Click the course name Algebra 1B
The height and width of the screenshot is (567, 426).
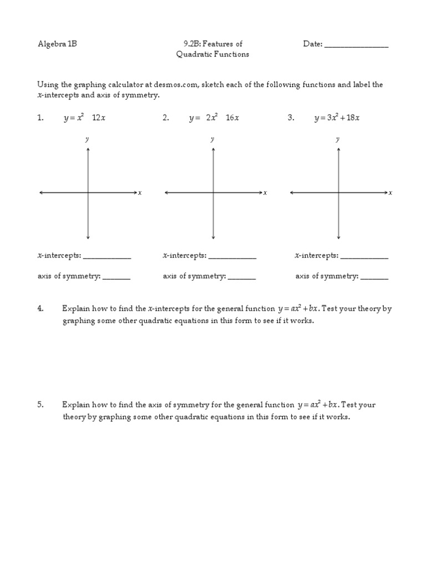(x=57, y=44)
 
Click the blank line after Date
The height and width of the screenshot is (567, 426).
(x=356, y=45)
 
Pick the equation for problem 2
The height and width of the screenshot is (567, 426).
(x=214, y=118)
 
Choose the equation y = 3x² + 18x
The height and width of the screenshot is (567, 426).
(x=337, y=118)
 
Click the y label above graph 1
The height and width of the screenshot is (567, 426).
(x=87, y=140)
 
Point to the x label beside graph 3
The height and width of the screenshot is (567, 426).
(x=390, y=193)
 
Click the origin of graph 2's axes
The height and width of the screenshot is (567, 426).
(x=214, y=193)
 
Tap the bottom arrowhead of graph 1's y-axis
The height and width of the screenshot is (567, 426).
(x=88, y=237)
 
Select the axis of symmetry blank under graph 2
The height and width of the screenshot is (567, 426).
(x=242, y=277)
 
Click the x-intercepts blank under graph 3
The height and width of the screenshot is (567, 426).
(x=364, y=257)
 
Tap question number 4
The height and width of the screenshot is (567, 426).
(x=40, y=309)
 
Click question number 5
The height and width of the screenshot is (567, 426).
(x=40, y=405)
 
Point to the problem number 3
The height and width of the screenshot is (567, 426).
(x=291, y=118)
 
